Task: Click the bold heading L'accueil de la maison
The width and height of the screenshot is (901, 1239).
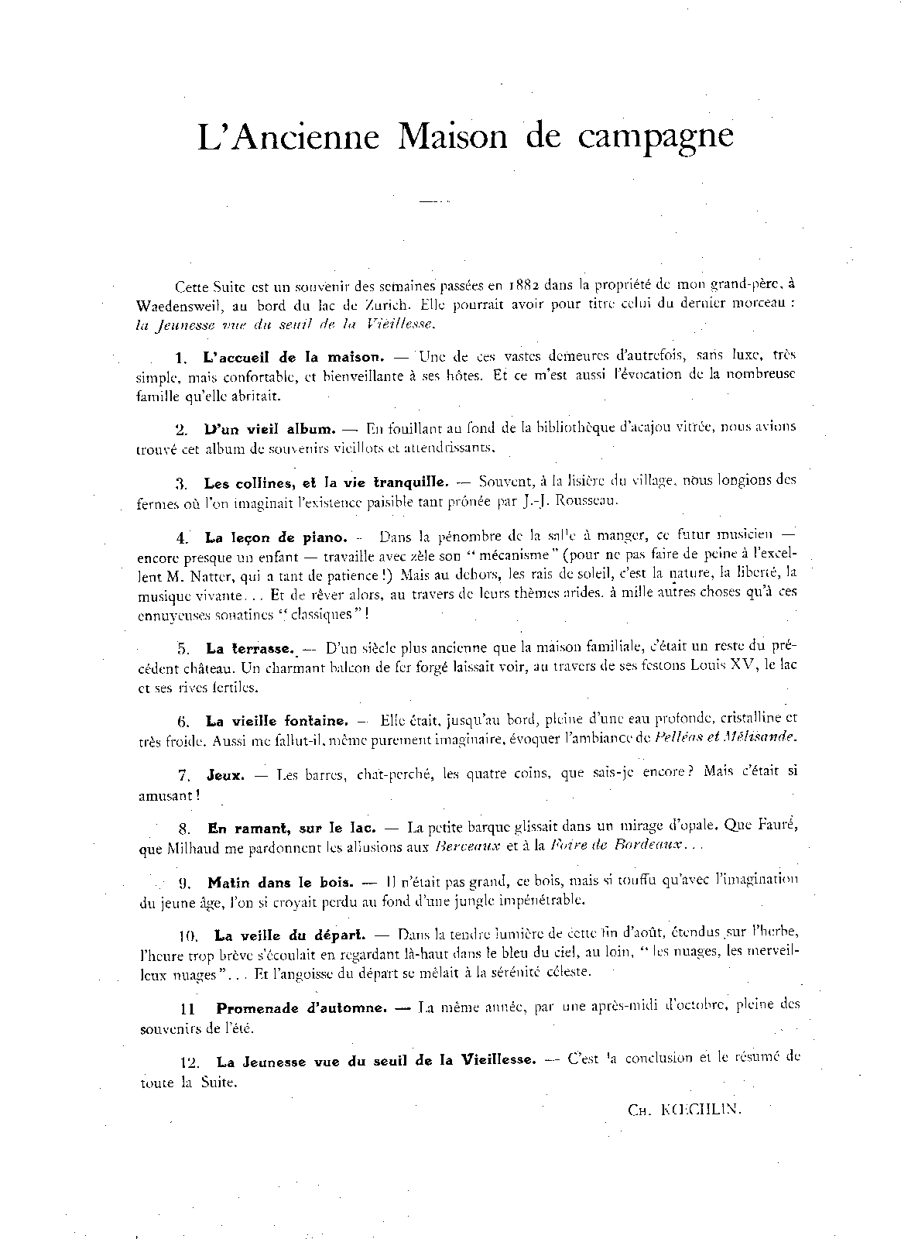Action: pos(293,357)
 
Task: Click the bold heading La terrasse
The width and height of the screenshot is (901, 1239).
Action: pos(250,647)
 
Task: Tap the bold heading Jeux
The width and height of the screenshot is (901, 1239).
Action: pos(225,774)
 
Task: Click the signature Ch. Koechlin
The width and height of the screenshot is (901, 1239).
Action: pos(685,1109)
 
